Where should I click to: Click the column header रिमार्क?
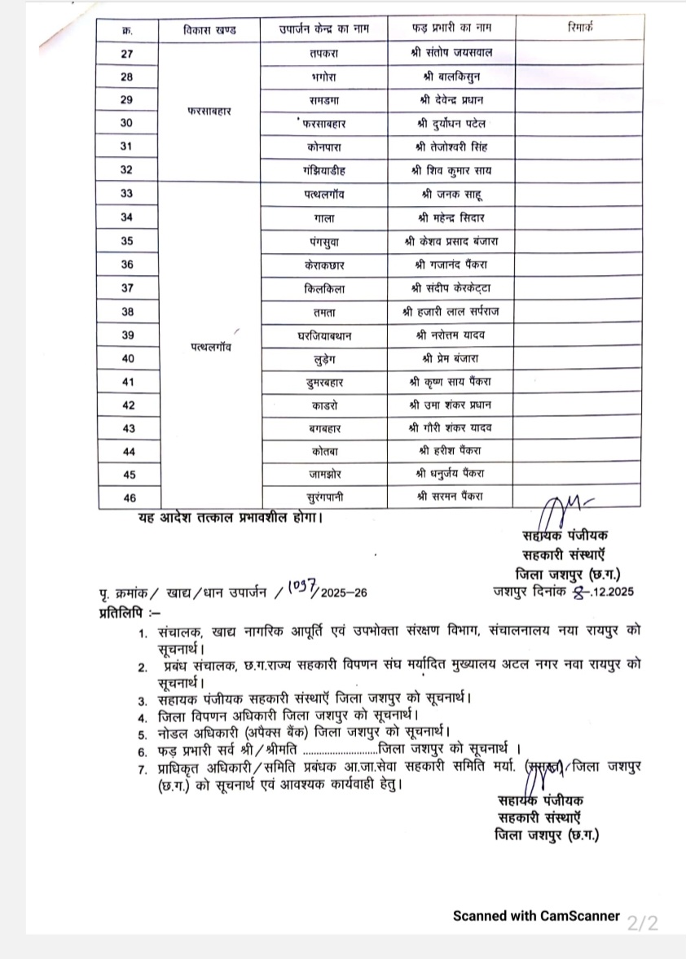(580, 28)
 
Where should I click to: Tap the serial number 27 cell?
(126, 54)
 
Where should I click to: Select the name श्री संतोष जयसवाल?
(451, 54)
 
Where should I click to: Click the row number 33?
(126, 194)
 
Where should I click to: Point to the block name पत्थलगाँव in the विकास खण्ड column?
(209, 347)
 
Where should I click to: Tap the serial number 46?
(126, 498)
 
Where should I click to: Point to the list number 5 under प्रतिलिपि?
(142, 732)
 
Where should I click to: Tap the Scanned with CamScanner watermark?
(535, 916)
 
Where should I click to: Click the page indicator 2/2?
(642, 923)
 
